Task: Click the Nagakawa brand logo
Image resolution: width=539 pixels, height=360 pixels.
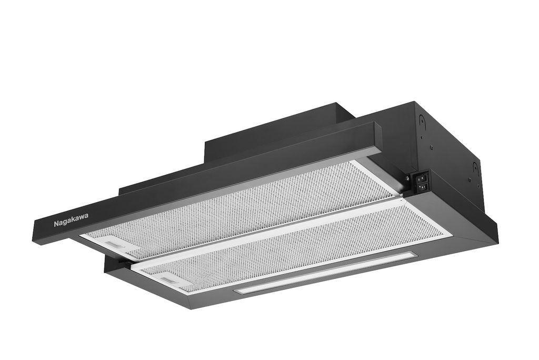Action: (x=71, y=220)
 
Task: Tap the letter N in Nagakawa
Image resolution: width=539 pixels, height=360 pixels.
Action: (x=56, y=224)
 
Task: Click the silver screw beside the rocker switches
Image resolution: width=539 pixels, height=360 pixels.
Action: (x=408, y=178)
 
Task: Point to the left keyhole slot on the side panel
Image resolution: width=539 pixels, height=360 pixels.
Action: (x=421, y=120)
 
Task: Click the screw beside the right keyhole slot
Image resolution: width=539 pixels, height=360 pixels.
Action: (x=469, y=179)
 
